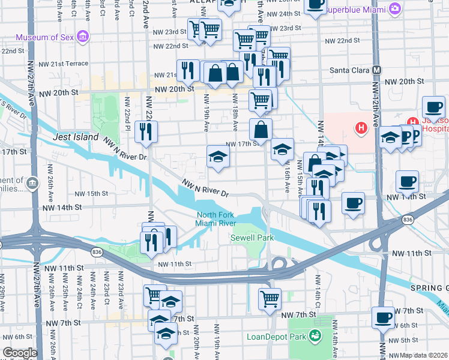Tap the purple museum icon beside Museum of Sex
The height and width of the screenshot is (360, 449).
(83, 37)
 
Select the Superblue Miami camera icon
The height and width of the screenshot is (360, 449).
(395, 8)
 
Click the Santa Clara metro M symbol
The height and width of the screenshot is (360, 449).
(376, 70)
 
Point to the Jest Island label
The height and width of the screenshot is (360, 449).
(76, 137)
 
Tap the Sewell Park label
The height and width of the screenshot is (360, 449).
(252, 238)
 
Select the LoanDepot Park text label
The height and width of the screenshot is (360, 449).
(276, 336)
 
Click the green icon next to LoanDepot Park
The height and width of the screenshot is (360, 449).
(313, 336)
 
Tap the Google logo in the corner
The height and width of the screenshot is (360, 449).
(20, 353)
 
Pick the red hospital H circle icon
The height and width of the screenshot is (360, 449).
(361, 127)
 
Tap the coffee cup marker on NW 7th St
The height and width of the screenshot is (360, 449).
(382, 316)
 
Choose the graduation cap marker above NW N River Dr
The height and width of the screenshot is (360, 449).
(218, 157)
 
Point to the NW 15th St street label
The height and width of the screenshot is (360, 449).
(91, 194)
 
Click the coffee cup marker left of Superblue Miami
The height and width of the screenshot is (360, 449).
(315, 5)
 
